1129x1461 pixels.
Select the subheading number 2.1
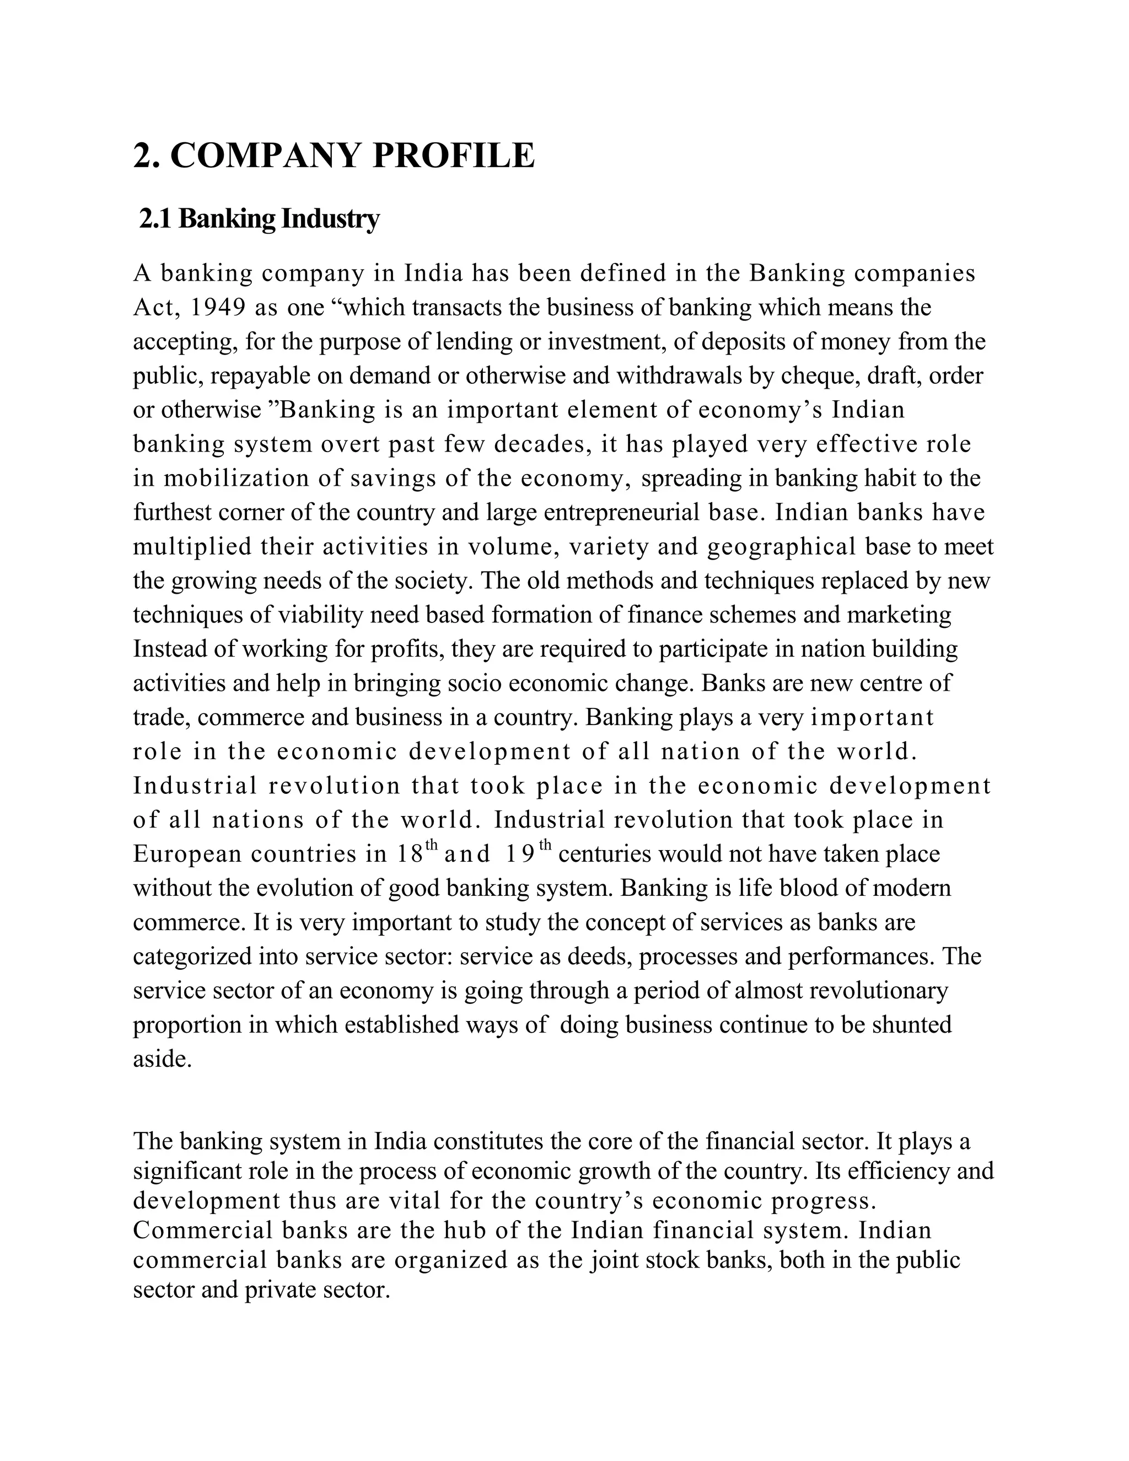[156, 219]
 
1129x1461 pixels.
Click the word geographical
[781, 546]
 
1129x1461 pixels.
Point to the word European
[187, 854]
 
